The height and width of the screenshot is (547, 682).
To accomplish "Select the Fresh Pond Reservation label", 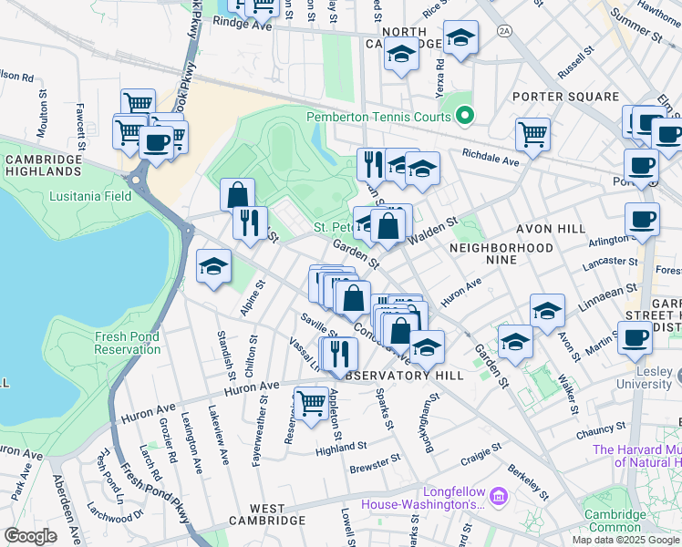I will (x=128, y=343).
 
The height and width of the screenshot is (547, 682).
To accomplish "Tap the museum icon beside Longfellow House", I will (x=498, y=497).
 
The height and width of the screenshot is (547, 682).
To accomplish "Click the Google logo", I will (x=30, y=536).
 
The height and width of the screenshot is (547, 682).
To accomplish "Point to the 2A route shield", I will (x=503, y=31).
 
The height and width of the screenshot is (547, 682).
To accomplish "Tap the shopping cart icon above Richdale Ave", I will (x=532, y=135).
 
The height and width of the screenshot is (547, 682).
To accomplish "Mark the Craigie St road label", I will (x=480, y=452).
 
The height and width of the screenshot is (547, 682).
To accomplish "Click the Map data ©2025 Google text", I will (x=625, y=540).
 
